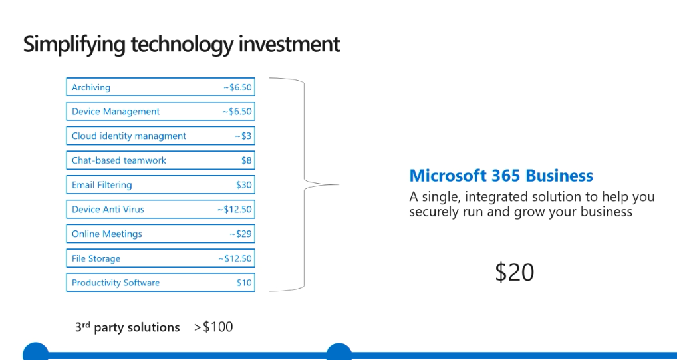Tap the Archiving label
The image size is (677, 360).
tap(91, 87)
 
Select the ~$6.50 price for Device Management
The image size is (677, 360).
tap(237, 112)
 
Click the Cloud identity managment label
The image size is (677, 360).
tap(128, 136)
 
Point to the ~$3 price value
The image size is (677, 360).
tap(243, 136)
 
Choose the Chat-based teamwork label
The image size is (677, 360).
tap(119, 160)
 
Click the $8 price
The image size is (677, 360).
tap(247, 160)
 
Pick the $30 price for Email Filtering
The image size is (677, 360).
tap(244, 185)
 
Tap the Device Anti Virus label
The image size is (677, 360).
tap(108, 209)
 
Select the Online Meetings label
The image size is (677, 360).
tap(106, 234)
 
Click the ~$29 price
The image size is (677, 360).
tap(241, 234)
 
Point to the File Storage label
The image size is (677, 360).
tap(96, 258)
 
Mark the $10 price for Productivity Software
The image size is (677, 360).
tap(244, 283)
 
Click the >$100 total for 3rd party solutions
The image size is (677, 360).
tap(213, 327)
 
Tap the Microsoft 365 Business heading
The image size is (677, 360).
tap(501, 176)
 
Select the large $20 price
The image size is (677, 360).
tap(514, 272)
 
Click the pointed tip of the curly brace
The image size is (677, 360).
tap(338, 184)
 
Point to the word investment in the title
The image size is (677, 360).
tap(289, 44)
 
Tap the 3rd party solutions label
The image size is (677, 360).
tap(128, 327)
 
